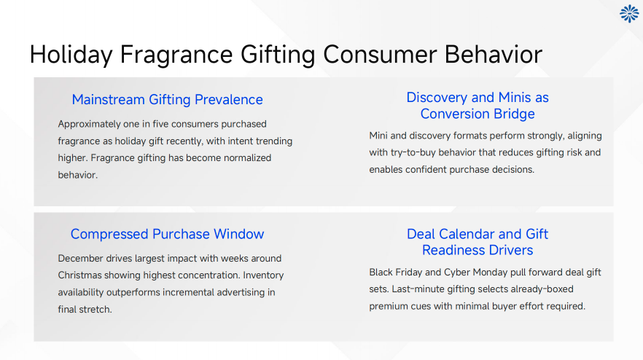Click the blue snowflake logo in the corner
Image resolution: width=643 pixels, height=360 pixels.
pos(628,14)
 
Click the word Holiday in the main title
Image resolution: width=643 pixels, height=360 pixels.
pos(71,55)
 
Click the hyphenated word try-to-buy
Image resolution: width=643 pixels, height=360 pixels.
pos(419,152)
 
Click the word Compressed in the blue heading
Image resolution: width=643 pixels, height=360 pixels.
pos(109,234)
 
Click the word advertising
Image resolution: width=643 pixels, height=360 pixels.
pos(238,292)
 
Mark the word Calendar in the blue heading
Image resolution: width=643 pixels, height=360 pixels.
pos(474,234)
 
